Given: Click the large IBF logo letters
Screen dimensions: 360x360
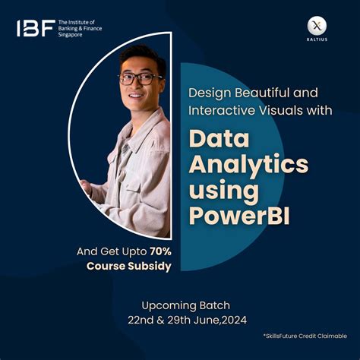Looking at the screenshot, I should coord(35,29).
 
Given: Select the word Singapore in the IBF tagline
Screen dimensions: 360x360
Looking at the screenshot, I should coord(74,36).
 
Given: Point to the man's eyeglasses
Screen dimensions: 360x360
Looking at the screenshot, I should coord(141,78).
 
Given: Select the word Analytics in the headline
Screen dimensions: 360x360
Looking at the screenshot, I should coord(248,164).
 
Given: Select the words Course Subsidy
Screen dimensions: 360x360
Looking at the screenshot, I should coord(128,266).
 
